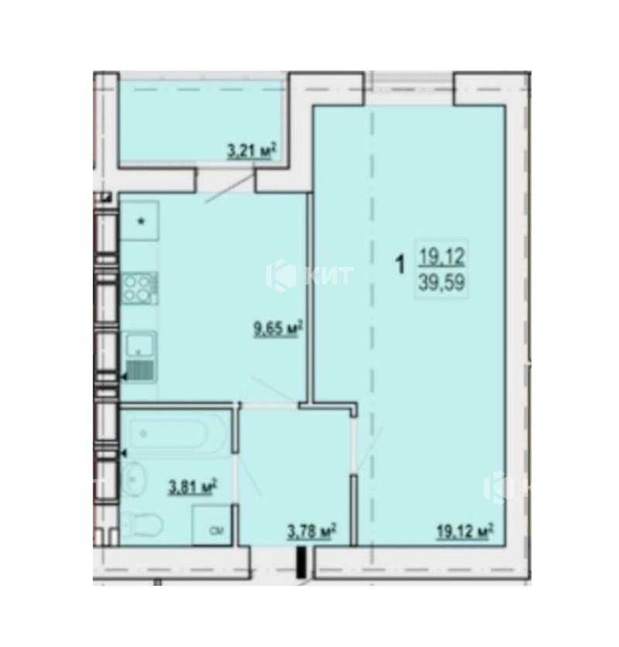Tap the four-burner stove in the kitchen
click(x=140, y=287)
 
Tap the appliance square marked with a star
click(x=140, y=221)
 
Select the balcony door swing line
click(x=230, y=186)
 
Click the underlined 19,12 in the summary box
click(x=441, y=257)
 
